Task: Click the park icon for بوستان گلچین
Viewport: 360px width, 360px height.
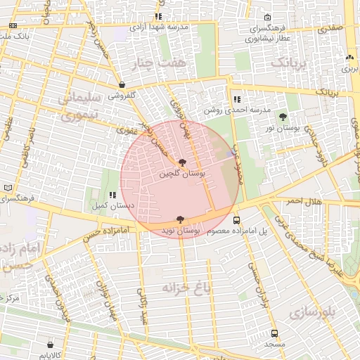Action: click(184, 163)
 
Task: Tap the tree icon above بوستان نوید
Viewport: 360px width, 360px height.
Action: click(180, 219)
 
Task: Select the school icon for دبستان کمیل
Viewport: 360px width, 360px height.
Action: click(112, 195)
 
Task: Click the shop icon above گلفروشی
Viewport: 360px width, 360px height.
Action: click(122, 84)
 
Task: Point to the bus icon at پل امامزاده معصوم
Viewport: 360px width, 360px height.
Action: click(236, 219)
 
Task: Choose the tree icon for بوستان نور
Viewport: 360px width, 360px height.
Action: click(283, 117)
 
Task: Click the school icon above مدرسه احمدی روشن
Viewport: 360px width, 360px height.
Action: click(236, 100)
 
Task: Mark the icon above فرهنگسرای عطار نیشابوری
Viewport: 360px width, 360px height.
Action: click(266, 18)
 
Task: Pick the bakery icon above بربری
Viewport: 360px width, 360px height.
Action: click(349, 58)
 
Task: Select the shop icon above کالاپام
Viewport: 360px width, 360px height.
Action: click(50, 345)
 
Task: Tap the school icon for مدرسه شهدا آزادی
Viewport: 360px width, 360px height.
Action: click(159, 16)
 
